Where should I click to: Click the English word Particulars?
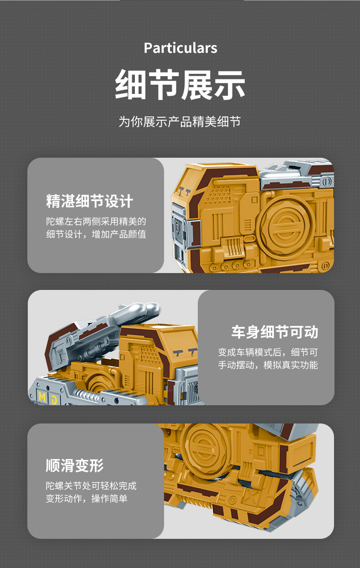(180, 48)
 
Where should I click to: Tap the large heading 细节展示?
(180, 85)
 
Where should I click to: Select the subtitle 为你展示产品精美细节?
(180, 121)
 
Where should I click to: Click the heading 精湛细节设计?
(89, 201)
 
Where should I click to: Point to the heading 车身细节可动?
(275, 332)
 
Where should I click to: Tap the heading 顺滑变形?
(75, 465)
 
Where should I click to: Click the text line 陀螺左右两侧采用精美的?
(96, 222)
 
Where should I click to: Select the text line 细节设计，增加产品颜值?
(96, 234)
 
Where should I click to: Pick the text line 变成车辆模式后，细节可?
(268, 352)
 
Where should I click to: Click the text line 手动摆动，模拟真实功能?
(268, 365)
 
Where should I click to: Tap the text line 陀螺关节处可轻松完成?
(91, 486)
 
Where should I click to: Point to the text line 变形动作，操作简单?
(87, 499)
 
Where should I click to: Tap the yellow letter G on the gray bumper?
(54, 400)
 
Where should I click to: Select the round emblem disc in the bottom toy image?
(204, 449)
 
